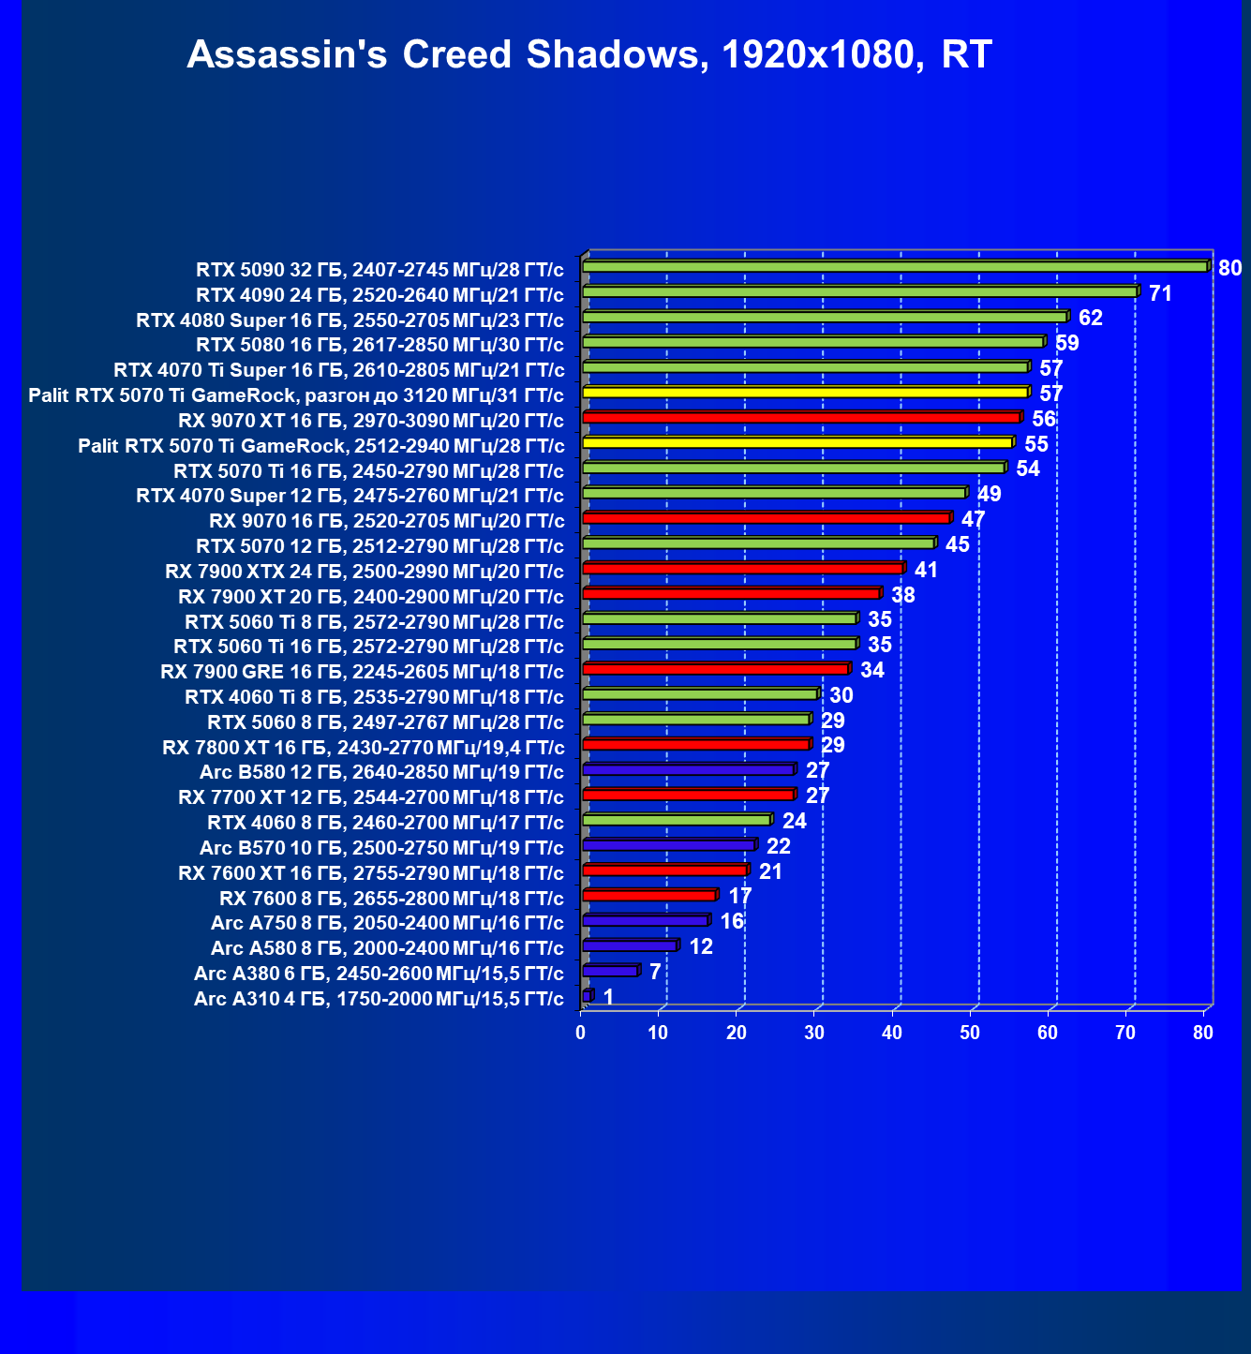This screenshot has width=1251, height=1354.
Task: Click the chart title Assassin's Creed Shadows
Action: [588, 54]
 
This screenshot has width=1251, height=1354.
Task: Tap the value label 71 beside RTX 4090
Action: [1160, 293]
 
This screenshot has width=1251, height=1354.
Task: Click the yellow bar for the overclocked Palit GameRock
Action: [806, 392]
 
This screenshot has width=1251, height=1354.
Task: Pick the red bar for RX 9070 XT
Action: [801, 417]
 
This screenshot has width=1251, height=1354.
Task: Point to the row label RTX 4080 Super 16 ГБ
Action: [350, 320]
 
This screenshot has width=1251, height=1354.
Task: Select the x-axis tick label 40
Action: [892, 1033]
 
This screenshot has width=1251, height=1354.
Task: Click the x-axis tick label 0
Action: [581, 1033]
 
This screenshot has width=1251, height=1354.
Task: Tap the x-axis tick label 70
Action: [1125, 1033]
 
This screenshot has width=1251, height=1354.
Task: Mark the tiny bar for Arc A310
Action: [588, 995]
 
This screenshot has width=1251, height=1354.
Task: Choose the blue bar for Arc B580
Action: [689, 769]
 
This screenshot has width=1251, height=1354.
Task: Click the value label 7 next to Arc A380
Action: [655, 971]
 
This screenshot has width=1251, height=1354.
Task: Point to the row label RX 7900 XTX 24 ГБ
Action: [364, 572]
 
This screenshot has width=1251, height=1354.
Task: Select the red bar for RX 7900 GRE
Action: [716, 669]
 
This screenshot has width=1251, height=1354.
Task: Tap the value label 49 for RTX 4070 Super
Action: [989, 494]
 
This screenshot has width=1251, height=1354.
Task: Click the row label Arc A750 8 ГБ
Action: [387, 923]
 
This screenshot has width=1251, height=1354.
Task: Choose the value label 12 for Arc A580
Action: [701, 946]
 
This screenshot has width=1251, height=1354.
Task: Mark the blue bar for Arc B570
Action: [669, 845]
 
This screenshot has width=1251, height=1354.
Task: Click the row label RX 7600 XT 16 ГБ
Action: [370, 873]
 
